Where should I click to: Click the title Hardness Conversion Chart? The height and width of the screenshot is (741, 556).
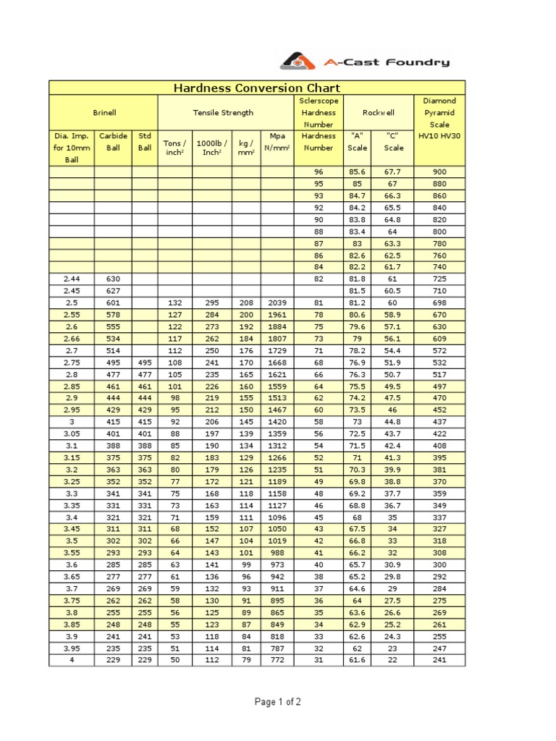click(x=257, y=88)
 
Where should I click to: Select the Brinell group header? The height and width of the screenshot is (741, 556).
click(x=104, y=113)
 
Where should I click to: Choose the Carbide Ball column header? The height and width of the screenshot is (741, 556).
click(x=113, y=142)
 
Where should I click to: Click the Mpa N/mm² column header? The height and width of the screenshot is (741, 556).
click(x=277, y=142)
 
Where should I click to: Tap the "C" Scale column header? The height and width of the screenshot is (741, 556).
click(x=394, y=142)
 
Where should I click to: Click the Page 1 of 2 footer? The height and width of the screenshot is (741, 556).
click(x=278, y=702)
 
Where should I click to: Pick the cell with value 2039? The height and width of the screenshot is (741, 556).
click(x=277, y=302)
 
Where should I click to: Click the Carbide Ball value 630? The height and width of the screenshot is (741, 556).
click(x=113, y=279)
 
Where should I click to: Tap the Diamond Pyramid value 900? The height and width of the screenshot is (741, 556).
click(x=439, y=172)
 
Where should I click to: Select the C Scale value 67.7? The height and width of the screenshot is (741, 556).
click(x=394, y=172)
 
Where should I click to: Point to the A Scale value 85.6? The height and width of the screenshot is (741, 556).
click(x=358, y=172)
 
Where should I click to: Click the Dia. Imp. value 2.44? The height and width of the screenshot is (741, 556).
click(x=72, y=279)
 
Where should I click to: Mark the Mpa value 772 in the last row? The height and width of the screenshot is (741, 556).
click(x=277, y=660)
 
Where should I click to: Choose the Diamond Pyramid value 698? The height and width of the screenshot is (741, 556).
click(x=439, y=302)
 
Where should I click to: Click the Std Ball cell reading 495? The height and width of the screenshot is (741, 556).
click(x=145, y=363)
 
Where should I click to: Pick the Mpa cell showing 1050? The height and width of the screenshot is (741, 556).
click(x=277, y=529)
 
